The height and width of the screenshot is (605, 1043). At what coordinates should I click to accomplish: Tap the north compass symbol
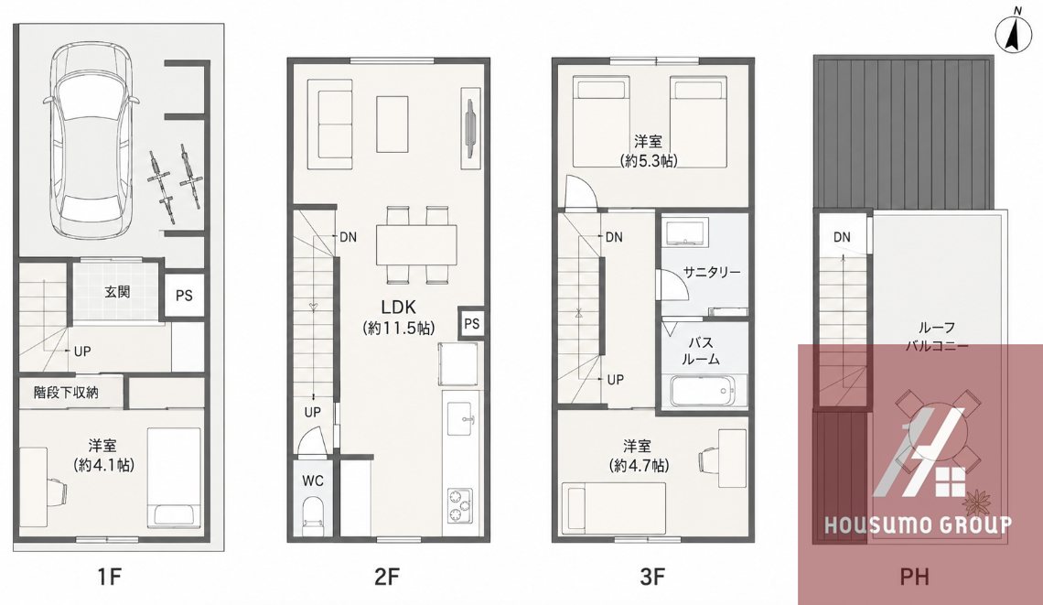pyautogui.click(x=1013, y=33)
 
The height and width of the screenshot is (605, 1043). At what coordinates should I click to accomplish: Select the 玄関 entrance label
pyautogui.click(x=117, y=292)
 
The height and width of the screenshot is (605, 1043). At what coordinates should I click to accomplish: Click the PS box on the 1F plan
pyautogui.click(x=184, y=296)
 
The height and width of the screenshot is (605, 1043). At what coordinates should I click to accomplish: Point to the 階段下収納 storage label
pyautogui.click(x=66, y=393)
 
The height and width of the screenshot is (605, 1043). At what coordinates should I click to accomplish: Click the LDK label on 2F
pyautogui.click(x=398, y=307)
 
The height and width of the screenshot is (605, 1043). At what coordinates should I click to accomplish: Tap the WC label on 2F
pyautogui.click(x=313, y=481)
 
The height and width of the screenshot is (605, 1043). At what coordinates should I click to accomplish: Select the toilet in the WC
pyautogui.click(x=312, y=518)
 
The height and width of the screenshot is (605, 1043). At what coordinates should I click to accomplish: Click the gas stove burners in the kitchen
pyautogui.click(x=459, y=505)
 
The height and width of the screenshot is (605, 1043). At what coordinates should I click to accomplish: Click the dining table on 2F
pyautogui.click(x=416, y=245)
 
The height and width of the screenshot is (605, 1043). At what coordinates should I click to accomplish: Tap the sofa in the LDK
pyautogui.click(x=329, y=124)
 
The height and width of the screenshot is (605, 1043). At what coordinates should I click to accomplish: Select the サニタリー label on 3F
pyautogui.click(x=711, y=272)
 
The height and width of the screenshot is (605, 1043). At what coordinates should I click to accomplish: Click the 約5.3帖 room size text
pyautogui.click(x=649, y=160)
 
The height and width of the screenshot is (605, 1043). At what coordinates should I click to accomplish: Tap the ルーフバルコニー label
pyautogui.click(x=937, y=337)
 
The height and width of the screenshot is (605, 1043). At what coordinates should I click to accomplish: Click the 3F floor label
pyautogui.click(x=651, y=577)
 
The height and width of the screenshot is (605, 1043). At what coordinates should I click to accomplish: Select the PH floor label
pyautogui.click(x=914, y=577)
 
